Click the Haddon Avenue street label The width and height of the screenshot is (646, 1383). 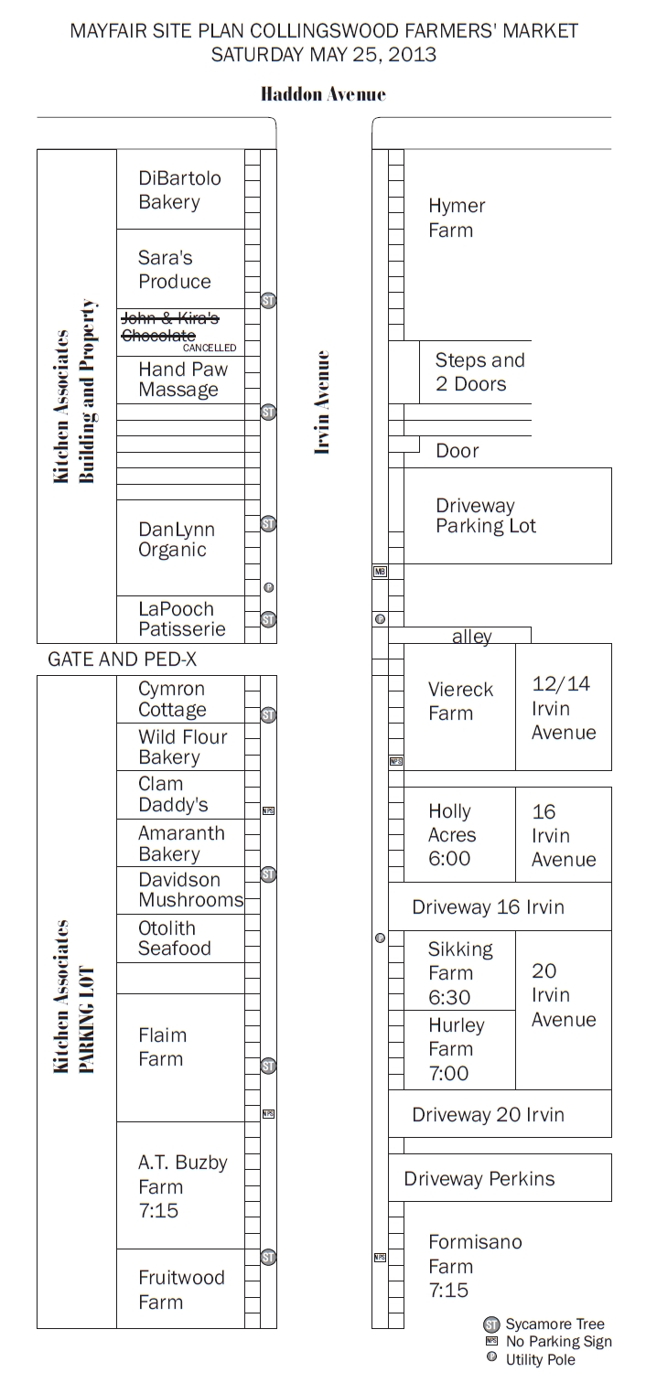click(x=323, y=94)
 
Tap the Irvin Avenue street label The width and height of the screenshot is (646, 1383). click(x=321, y=402)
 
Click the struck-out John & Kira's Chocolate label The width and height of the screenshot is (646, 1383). click(x=170, y=327)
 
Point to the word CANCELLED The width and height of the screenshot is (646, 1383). click(x=210, y=348)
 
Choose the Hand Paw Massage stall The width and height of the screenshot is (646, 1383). click(x=182, y=380)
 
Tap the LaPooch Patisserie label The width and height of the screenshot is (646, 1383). click(x=181, y=619)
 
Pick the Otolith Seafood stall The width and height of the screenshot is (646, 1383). click(x=174, y=938)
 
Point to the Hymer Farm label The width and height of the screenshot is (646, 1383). click(x=457, y=218)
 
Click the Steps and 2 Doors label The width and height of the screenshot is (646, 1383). click(x=479, y=371)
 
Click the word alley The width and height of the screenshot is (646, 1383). click(x=472, y=638)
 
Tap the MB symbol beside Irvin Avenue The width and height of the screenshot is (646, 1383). click(x=380, y=572)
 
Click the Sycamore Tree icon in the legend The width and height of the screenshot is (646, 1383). click(x=491, y=1324)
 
